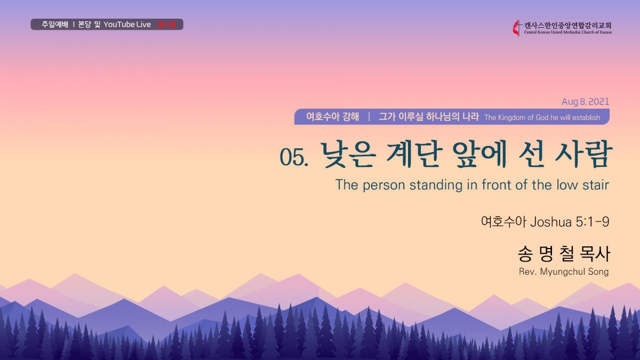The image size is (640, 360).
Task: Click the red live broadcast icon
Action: tap(167, 25)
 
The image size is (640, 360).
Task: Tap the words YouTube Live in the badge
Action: tap(127, 25)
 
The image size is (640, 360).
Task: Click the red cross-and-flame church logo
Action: tap(517, 28)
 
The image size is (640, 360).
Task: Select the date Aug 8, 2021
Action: tap(585, 102)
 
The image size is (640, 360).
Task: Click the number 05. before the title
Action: tap(294, 157)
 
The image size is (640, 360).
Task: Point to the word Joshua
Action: tap(551, 222)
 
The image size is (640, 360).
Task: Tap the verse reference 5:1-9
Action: tap(593, 222)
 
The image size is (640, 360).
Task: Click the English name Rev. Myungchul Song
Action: tap(564, 271)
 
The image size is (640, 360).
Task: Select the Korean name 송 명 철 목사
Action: tap(563, 254)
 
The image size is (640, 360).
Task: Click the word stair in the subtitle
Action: tap(596, 185)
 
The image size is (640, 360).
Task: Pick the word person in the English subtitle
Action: tap(384, 186)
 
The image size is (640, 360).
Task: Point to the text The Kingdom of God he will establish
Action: tap(542, 117)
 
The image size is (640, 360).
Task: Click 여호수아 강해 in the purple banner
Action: tap(333, 117)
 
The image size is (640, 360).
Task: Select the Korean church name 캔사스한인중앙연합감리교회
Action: tap(567, 26)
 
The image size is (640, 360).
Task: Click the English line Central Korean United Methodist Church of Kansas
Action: tap(567, 33)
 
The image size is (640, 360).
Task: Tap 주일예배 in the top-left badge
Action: tap(55, 25)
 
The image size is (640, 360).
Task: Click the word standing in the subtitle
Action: tap(436, 186)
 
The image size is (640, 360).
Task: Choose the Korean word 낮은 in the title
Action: tap(347, 155)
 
